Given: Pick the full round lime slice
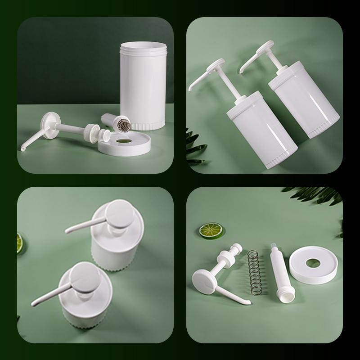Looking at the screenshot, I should (209, 231).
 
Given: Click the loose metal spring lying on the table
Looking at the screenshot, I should (255, 273).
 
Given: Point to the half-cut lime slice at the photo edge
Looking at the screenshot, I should (19, 243).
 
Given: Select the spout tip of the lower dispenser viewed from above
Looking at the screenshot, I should (33, 304).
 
